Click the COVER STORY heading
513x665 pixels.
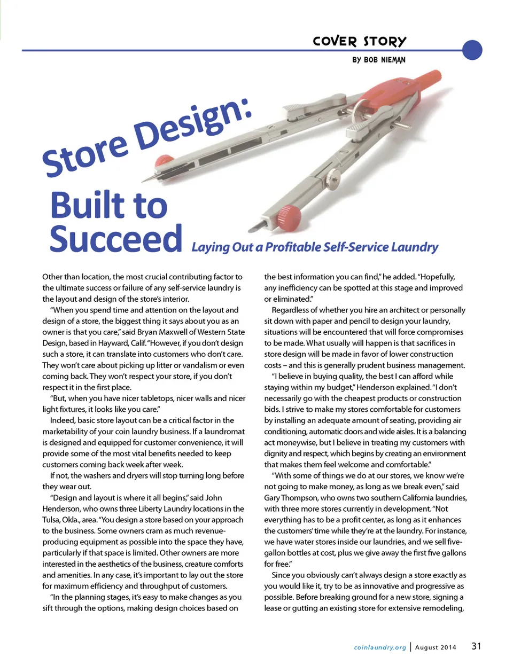tap(359, 41)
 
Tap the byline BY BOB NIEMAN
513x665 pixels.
tap(378, 60)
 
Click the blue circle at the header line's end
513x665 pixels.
tap(472, 50)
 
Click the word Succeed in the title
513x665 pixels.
tap(116, 239)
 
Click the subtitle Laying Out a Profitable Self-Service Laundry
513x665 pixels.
tap(314, 247)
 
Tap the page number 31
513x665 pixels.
tap(476, 646)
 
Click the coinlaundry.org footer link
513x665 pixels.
tap(380, 647)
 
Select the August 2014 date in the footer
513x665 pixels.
tap(436, 647)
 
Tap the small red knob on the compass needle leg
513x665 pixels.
tap(164, 160)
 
